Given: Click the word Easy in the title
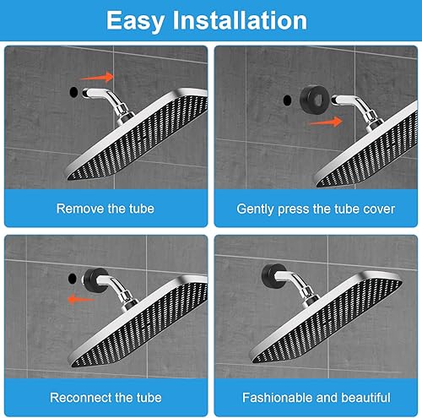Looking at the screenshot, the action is click(135, 21).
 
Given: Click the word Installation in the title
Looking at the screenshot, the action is click(240, 19).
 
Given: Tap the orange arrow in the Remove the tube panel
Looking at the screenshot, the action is click(98, 77).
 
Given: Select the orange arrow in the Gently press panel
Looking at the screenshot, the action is click(326, 122).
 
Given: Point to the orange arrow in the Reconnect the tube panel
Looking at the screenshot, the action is click(82, 299).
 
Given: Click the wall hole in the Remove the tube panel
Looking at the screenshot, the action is click(73, 92).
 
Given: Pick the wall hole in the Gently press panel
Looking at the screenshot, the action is click(287, 100).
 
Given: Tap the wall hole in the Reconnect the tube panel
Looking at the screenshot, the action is click(73, 279).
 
